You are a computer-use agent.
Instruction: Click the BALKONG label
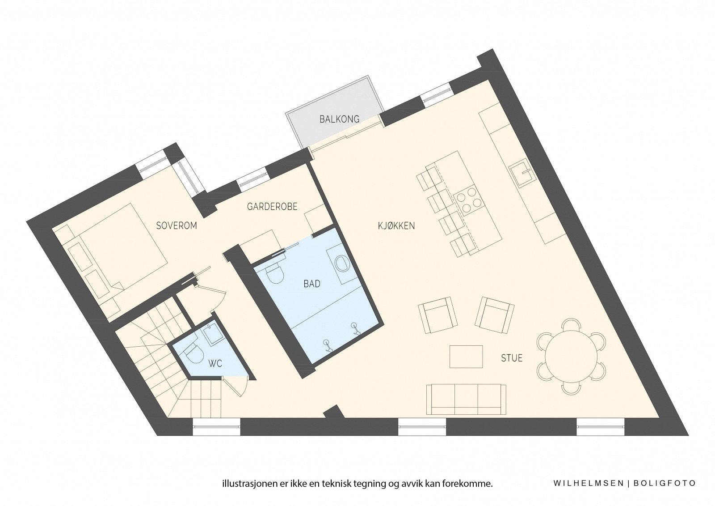pyautogui.click(x=333, y=119)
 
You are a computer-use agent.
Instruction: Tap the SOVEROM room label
pyautogui.click(x=177, y=225)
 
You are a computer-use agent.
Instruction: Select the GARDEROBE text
pyautogui.click(x=272, y=207)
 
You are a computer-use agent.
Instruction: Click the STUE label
pyautogui.click(x=512, y=358)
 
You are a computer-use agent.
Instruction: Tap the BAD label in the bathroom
pyautogui.click(x=311, y=284)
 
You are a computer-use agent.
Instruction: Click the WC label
pyautogui.click(x=215, y=364)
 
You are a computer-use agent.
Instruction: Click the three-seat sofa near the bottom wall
pyautogui.click(x=467, y=399)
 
